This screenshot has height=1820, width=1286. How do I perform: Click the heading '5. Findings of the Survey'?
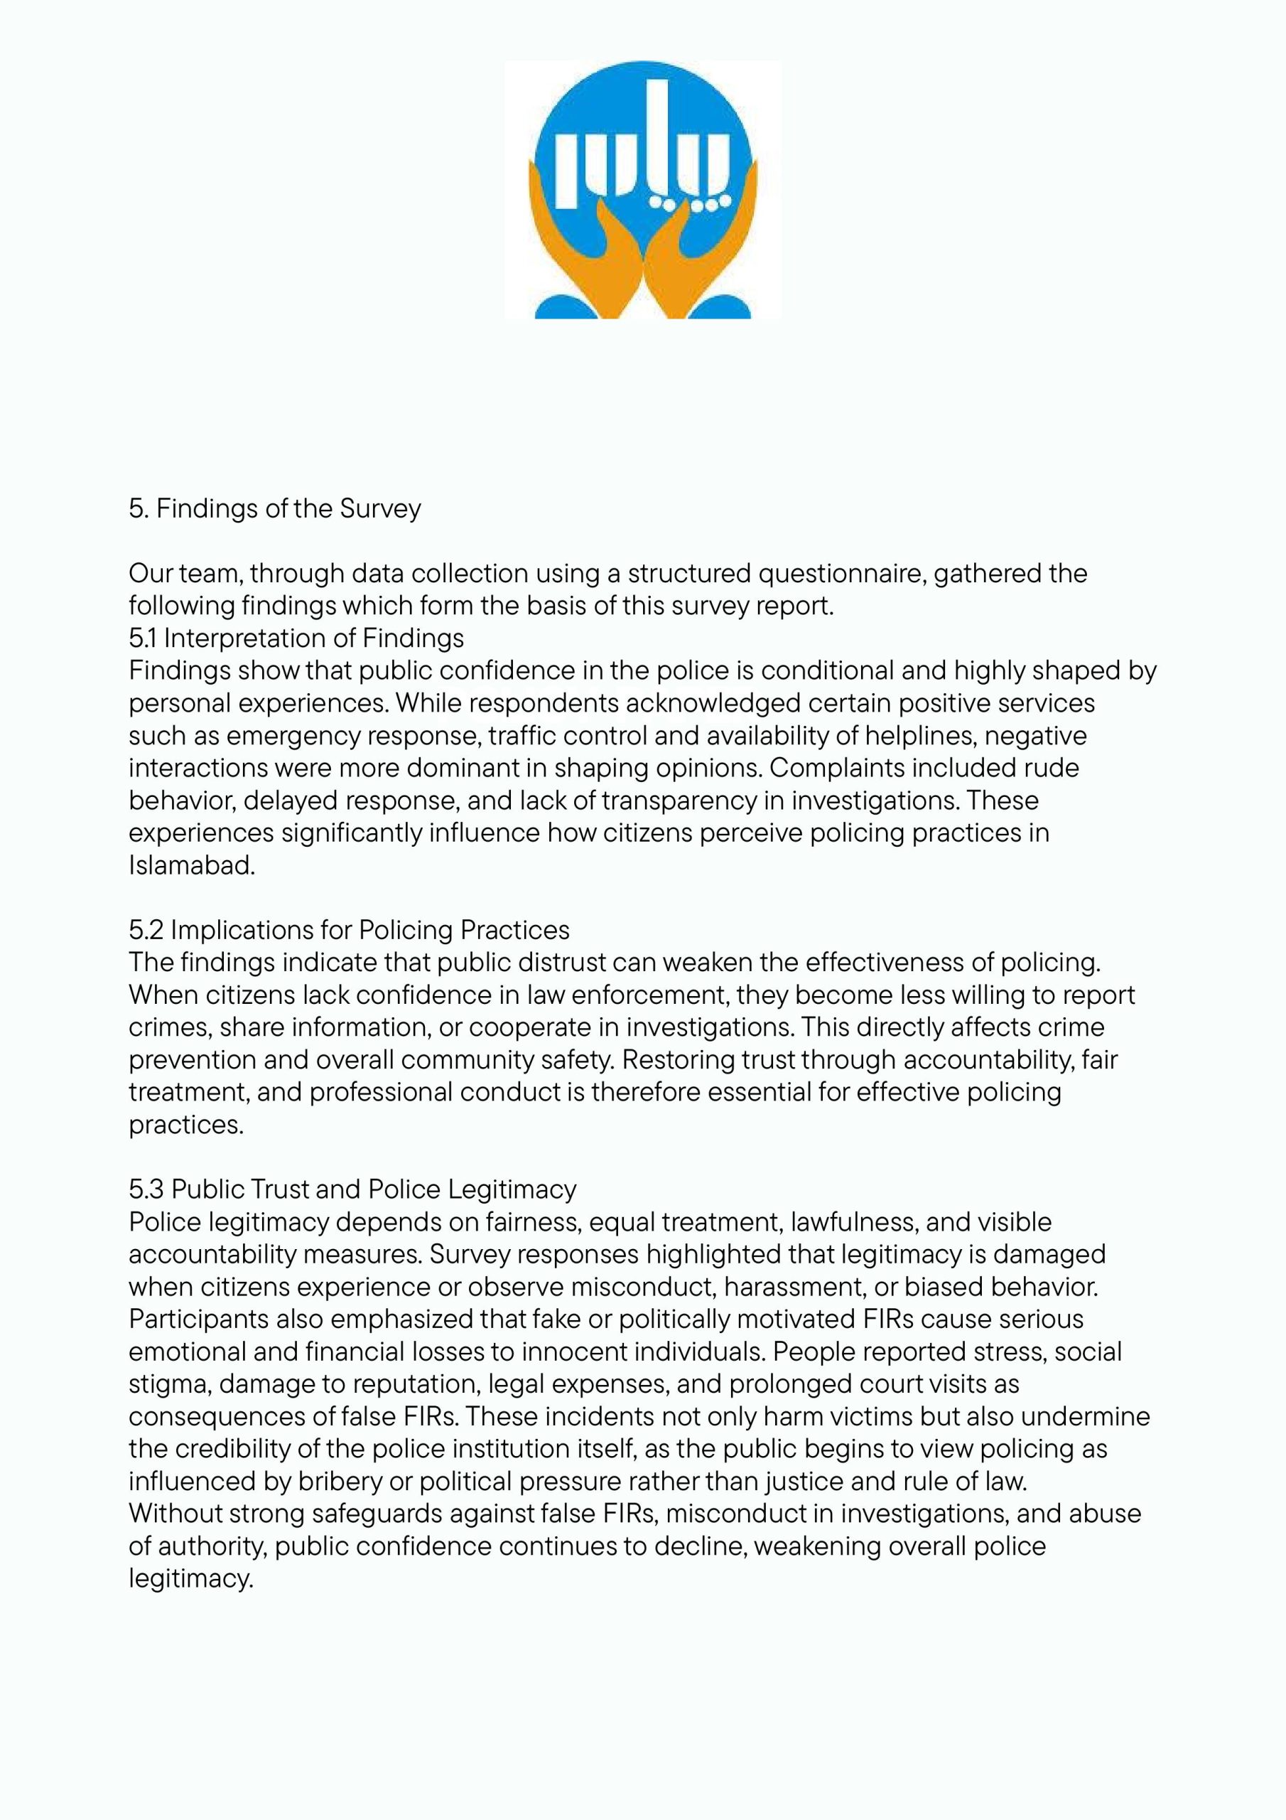(275, 508)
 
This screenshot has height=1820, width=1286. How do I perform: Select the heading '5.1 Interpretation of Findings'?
(296, 638)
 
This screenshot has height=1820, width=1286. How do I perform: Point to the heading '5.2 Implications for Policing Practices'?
(350, 929)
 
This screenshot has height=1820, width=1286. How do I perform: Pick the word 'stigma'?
(170, 1384)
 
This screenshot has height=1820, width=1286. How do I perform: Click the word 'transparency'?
(679, 801)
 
